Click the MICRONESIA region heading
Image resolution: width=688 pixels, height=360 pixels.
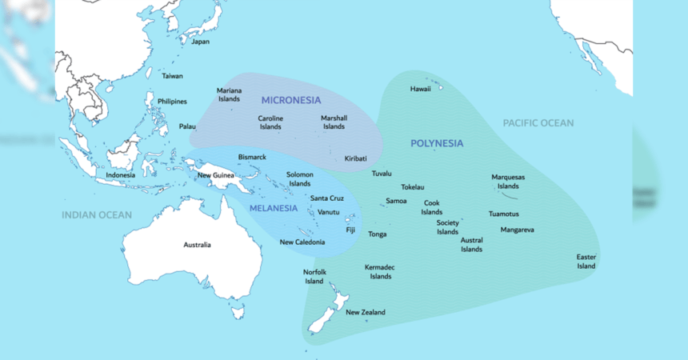(x=291, y=100)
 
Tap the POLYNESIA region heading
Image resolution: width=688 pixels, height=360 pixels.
(x=437, y=143)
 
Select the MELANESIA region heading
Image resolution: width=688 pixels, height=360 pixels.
(x=274, y=208)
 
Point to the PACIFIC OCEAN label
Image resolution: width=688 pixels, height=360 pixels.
(x=538, y=122)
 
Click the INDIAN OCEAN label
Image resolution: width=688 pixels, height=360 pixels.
(x=97, y=215)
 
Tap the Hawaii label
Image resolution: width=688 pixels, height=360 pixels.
(x=421, y=89)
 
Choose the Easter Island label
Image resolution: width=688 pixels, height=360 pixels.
(x=586, y=262)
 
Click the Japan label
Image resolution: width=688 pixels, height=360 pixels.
(x=200, y=42)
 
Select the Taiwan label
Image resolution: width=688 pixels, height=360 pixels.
(x=172, y=76)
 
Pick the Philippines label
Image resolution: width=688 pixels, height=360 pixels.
(x=172, y=102)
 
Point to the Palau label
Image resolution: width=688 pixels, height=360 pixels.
(x=187, y=126)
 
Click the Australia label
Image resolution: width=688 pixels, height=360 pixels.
(x=198, y=245)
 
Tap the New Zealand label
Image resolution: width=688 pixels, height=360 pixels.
(x=366, y=312)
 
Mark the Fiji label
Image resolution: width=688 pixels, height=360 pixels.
(x=350, y=230)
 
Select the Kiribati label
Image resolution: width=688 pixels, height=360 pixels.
(x=356, y=158)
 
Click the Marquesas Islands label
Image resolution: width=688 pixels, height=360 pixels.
(x=508, y=182)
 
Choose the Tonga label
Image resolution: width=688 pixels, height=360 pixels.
(x=378, y=234)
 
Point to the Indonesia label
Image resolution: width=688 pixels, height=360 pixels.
(x=121, y=175)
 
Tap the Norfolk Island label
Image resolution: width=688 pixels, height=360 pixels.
(x=314, y=276)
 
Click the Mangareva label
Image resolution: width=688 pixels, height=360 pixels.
(x=517, y=230)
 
